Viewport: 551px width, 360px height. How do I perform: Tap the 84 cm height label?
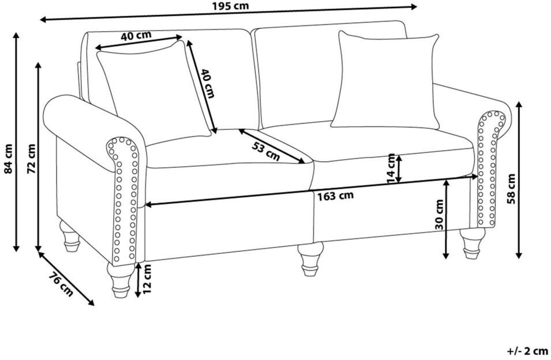pos(8,159)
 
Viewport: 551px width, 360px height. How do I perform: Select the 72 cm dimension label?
pos(32,159)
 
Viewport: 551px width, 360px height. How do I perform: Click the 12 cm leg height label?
pos(148,278)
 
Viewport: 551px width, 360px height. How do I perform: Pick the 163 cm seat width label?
pos(335,196)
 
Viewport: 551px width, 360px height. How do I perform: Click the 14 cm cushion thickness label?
pos(391,167)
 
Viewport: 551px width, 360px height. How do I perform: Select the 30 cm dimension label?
pos(440,215)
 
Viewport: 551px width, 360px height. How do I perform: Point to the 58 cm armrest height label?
pos(511,188)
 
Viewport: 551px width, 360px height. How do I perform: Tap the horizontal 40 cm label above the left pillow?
pos(136,35)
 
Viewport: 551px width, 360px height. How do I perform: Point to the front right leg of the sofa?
pos(473,242)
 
